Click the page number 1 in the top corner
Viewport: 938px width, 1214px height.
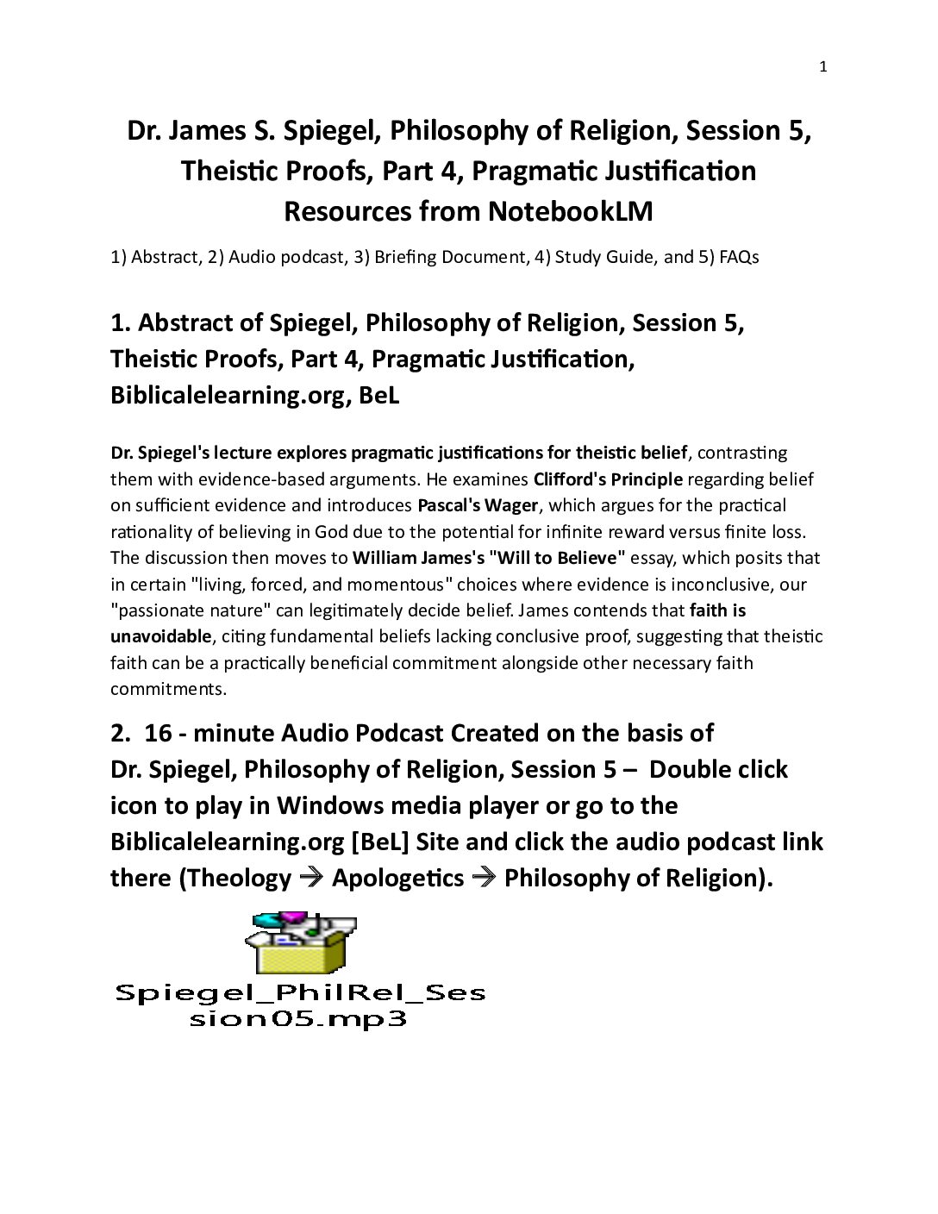click(822, 67)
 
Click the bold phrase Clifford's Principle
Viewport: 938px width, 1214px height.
click(608, 479)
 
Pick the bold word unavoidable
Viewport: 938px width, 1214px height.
click(160, 636)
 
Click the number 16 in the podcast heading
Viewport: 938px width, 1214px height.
click(158, 733)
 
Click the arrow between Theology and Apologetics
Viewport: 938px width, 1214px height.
click(310, 878)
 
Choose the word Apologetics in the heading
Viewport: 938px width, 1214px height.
click(397, 878)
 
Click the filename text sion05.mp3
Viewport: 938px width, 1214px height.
click(297, 1019)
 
